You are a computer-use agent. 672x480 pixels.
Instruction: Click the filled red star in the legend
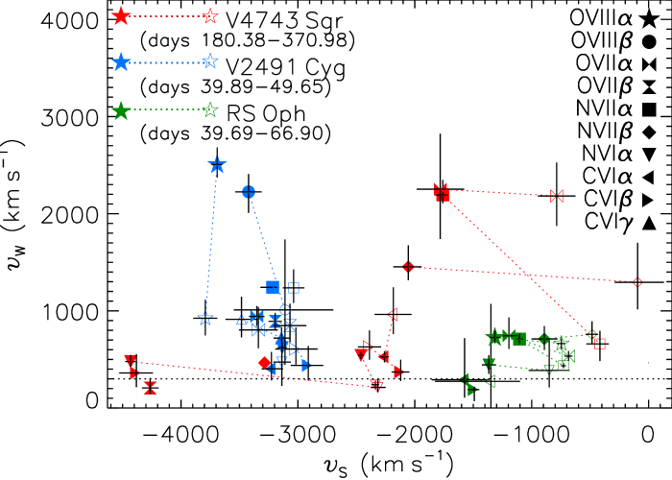point(121,15)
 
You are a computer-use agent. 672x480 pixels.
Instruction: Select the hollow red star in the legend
point(210,15)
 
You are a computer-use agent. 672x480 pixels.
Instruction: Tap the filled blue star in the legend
point(121,61)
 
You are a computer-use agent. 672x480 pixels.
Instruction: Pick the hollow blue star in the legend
point(210,61)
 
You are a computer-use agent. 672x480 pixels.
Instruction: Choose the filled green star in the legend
point(121,110)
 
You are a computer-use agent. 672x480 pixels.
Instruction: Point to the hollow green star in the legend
point(210,109)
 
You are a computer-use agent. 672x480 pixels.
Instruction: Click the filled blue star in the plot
point(217,165)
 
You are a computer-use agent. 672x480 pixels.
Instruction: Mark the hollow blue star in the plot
point(205,318)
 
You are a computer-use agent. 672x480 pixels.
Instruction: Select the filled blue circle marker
point(249,192)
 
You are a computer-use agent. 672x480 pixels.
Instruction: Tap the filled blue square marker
point(273,286)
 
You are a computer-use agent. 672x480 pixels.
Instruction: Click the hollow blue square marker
point(294,287)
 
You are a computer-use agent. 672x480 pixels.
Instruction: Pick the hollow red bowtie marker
point(557,196)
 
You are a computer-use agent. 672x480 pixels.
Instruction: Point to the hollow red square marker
point(600,343)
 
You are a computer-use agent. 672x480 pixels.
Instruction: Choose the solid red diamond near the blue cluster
point(264,362)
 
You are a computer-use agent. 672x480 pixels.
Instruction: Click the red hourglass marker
point(150,388)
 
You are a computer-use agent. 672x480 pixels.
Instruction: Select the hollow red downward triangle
point(376,386)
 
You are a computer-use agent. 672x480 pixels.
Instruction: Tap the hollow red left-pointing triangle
point(392,314)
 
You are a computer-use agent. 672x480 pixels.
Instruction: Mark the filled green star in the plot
point(494,337)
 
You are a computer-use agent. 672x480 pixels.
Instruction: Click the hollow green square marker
point(564,365)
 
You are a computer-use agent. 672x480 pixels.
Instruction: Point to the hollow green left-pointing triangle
point(490,381)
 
